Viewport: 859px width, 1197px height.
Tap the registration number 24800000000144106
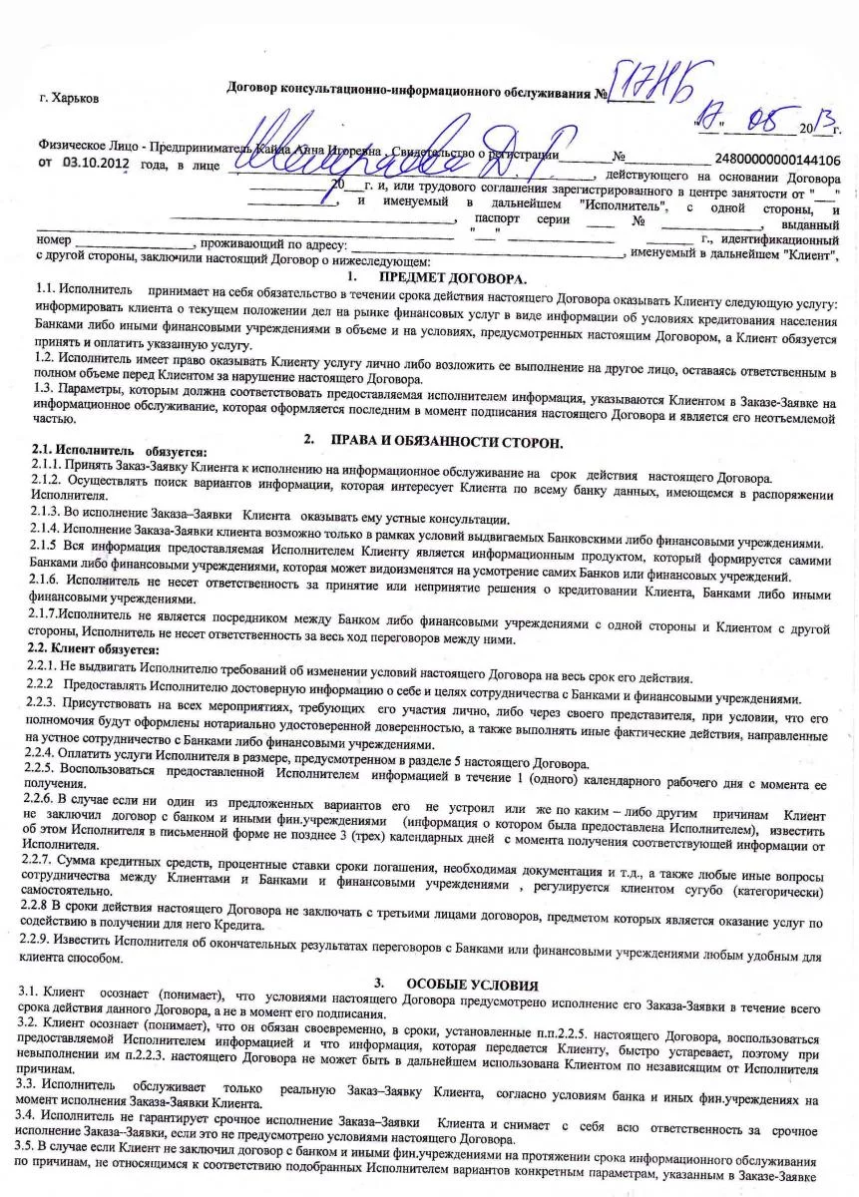(x=777, y=159)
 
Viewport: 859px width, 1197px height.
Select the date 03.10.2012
(x=96, y=161)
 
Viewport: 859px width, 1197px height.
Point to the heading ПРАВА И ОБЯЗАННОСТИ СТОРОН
(x=446, y=441)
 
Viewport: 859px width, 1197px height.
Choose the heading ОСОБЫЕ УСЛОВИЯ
(x=472, y=985)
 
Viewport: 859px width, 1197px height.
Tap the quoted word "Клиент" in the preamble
(x=807, y=256)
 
